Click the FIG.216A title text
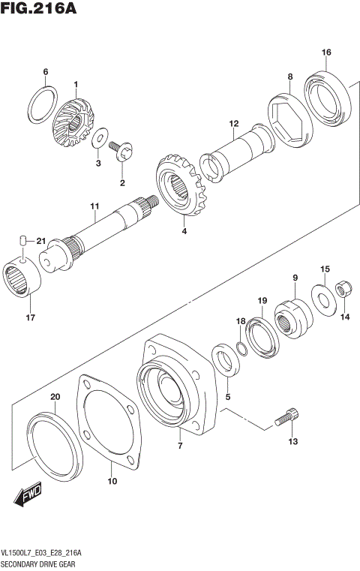coord(39,8)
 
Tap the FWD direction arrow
coord(28,494)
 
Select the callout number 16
coord(326,52)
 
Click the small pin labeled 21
coord(23,240)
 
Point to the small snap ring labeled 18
coord(240,347)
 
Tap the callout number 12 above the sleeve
coord(234,123)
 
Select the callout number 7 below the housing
coord(180,446)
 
